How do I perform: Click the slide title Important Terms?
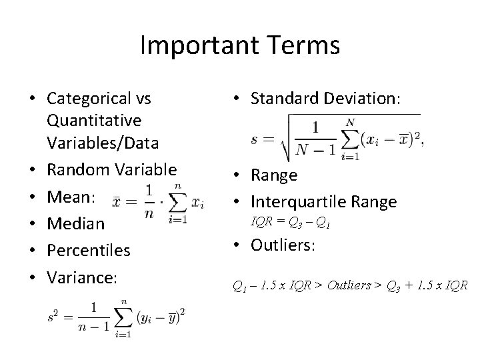tap(240, 45)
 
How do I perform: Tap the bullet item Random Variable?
tap(111, 169)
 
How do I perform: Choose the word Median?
tap(75, 223)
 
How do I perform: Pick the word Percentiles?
tap(89, 251)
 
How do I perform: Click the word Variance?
tap(82, 277)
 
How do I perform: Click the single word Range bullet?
tap(274, 175)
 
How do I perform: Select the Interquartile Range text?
tap(323, 201)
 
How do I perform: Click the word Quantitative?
tap(94, 121)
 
